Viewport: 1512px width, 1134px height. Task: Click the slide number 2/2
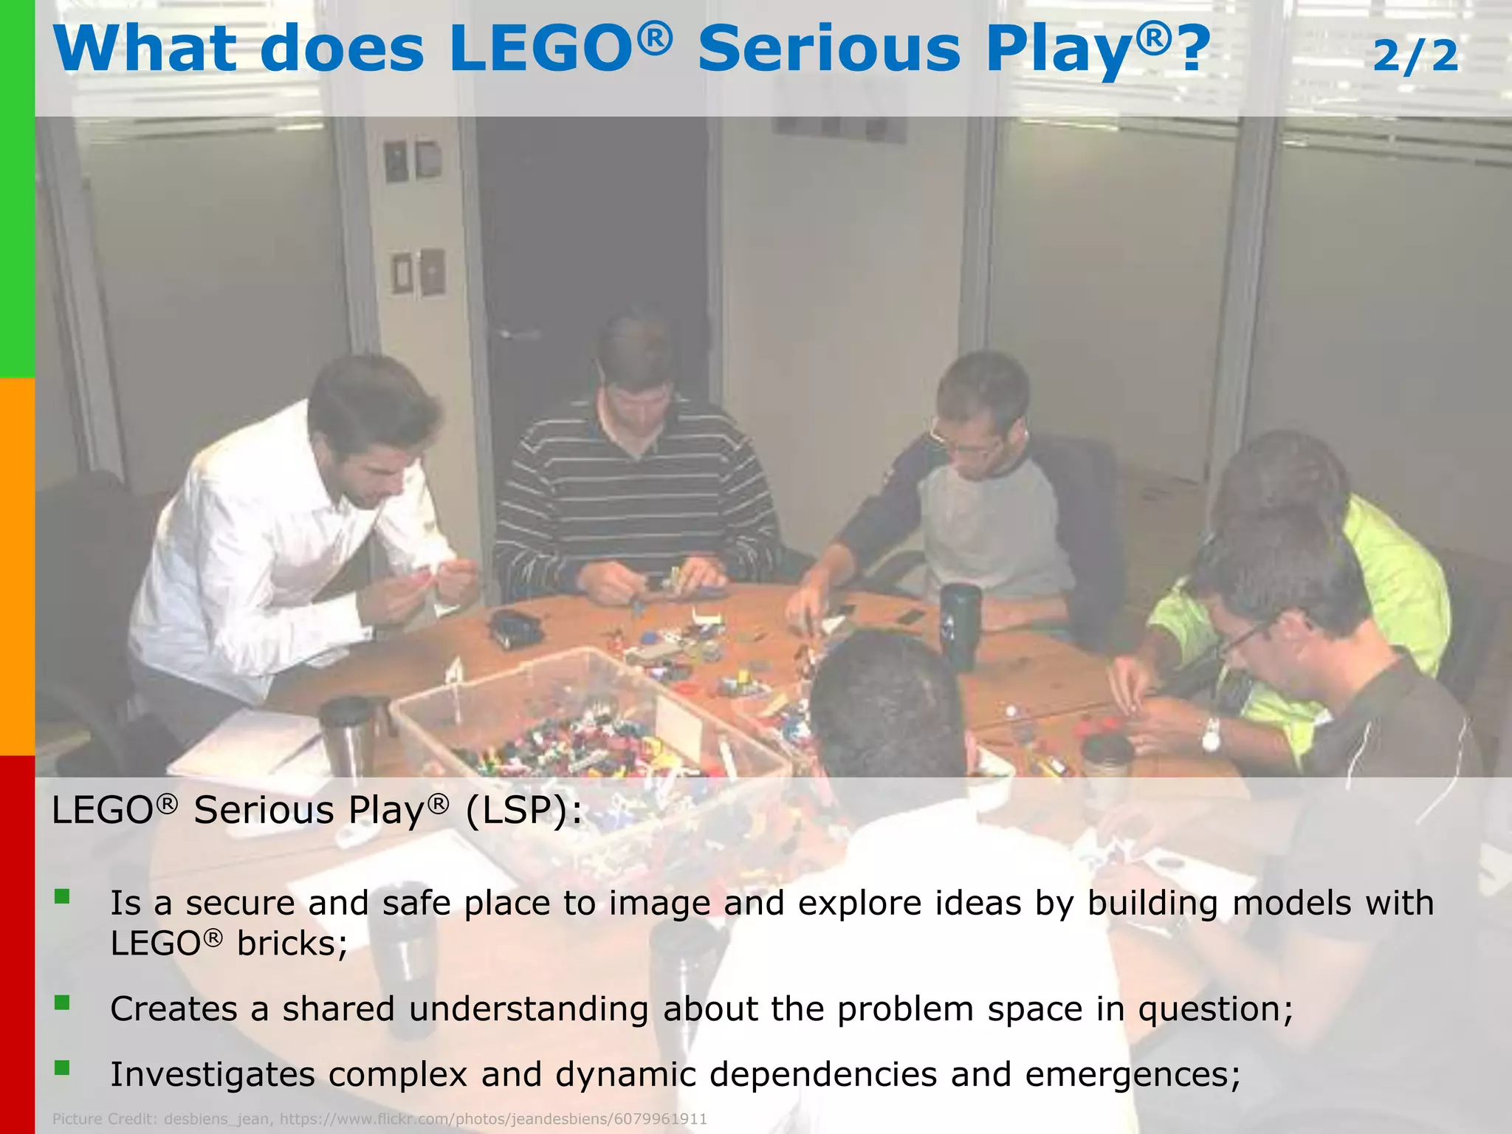pyautogui.click(x=1415, y=56)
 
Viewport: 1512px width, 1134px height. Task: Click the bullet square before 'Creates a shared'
pyautogui.click(x=62, y=1002)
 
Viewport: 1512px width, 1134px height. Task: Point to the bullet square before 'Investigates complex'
pyautogui.click(x=62, y=1068)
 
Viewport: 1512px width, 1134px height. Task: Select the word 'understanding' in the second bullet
pyautogui.click(x=529, y=1008)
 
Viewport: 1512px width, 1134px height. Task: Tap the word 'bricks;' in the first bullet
pyautogui.click(x=292, y=944)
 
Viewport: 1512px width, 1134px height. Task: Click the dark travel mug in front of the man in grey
pyautogui.click(x=960, y=625)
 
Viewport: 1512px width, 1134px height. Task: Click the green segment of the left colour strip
pyautogui.click(x=17, y=189)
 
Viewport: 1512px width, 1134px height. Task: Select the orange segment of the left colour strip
pyautogui.click(x=17, y=567)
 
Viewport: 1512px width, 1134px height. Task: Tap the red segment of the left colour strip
pyautogui.click(x=17, y=945)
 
